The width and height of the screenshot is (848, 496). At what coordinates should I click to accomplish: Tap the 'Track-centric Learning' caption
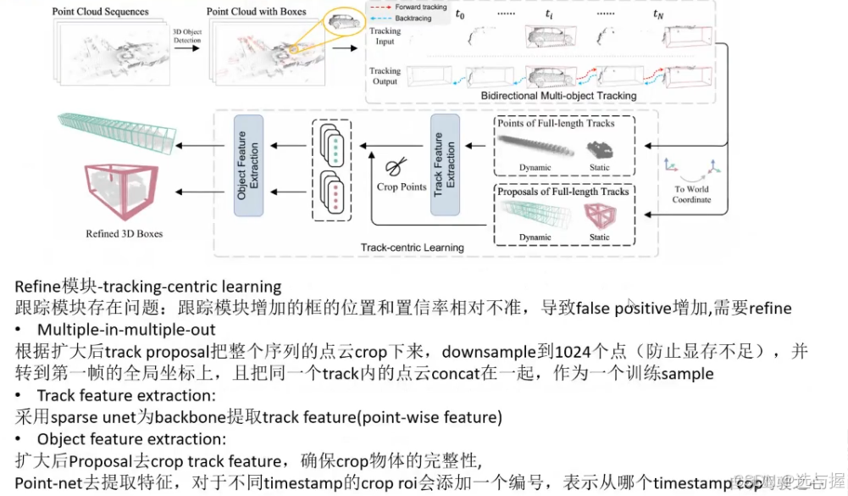(x=412, y=248)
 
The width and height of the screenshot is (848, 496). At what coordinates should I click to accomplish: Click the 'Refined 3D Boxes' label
(x=124, y=233)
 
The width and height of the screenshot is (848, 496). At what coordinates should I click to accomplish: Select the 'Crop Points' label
(x=402, y=187)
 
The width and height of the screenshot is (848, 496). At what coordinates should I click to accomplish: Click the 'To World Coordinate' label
(x=692, y=194)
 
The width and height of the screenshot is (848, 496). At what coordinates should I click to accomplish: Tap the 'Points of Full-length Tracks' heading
(x=555, y=123)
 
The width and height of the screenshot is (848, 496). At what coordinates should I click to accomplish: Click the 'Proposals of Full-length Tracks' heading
(x=563, y=192)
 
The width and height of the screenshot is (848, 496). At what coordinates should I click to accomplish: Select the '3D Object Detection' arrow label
(x=186, y=37)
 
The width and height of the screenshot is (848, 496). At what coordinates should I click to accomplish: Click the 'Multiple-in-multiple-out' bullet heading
(x=125, y=329)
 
